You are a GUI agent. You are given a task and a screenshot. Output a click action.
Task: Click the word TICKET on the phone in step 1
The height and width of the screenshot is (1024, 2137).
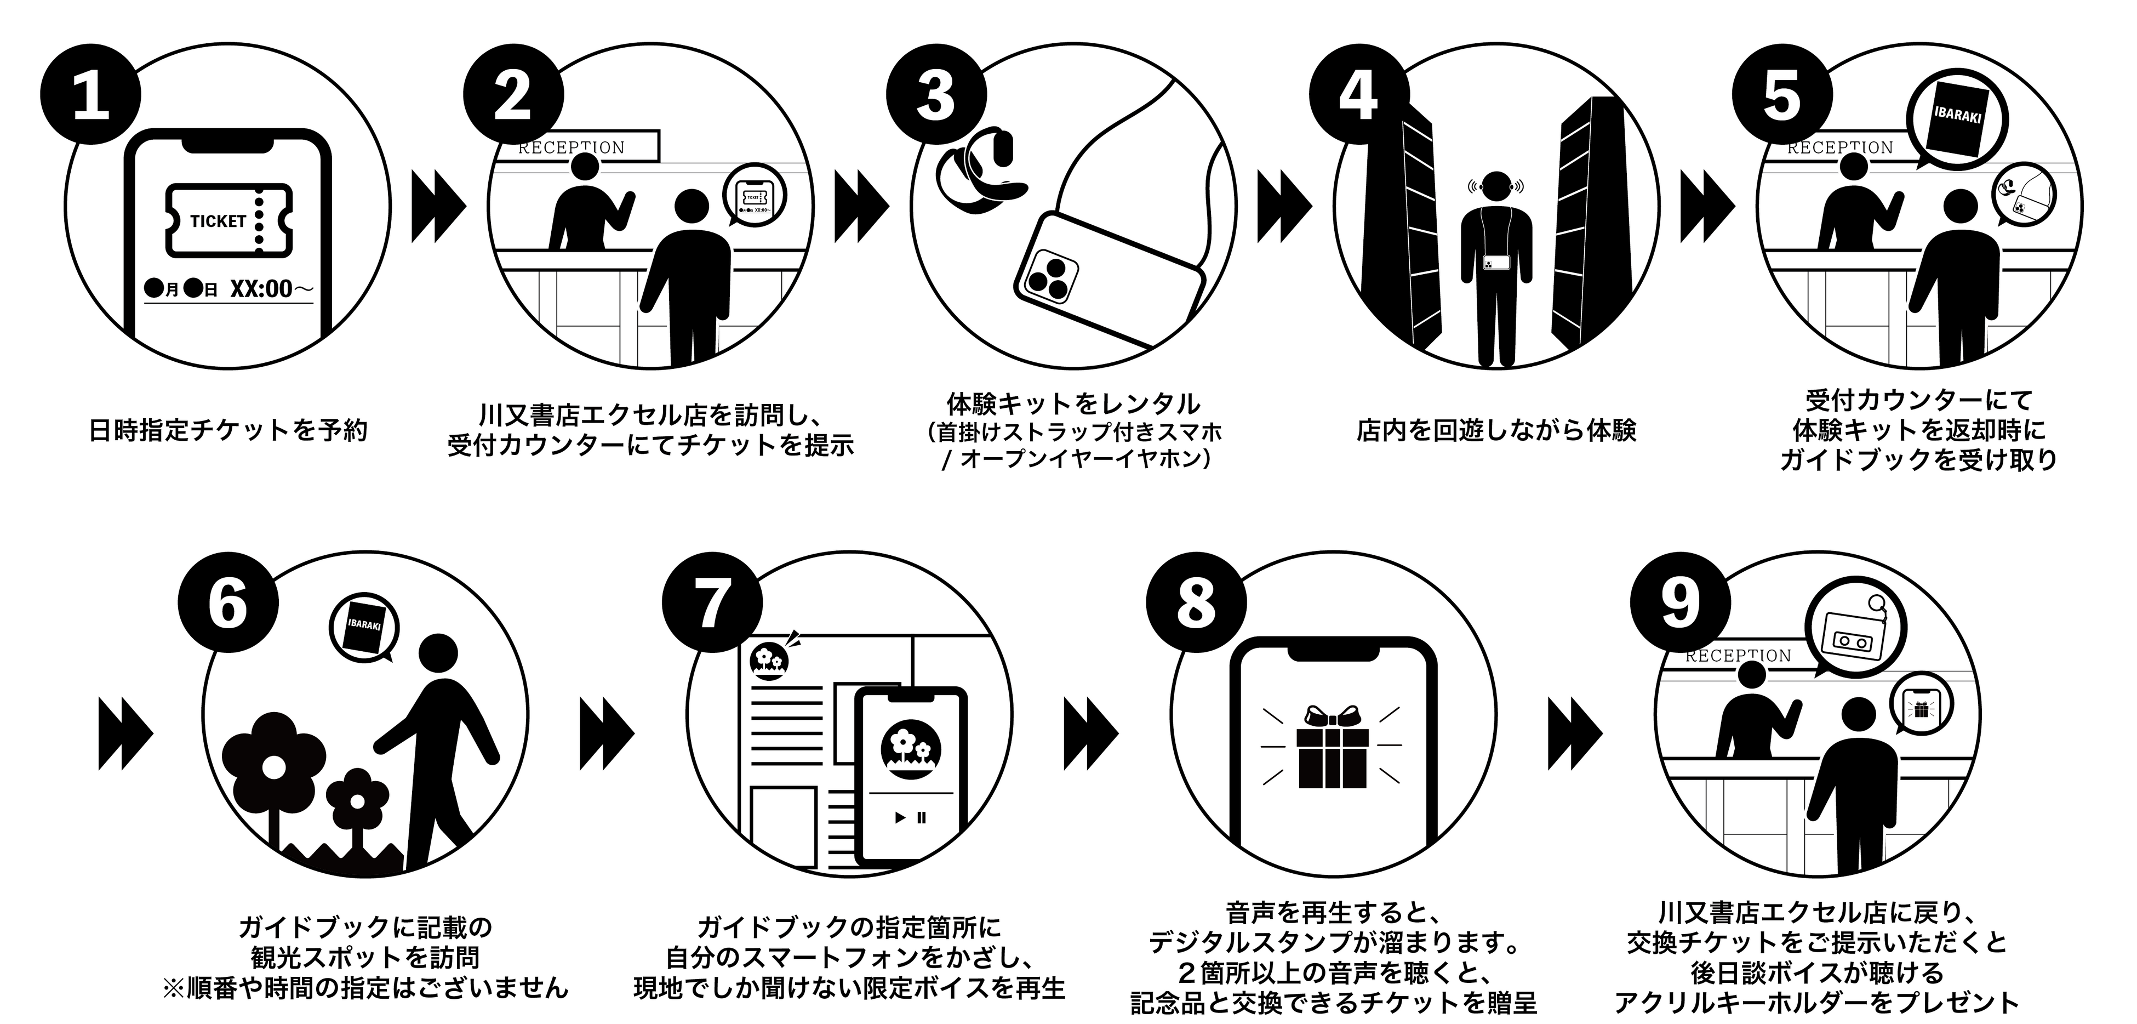(218, 221)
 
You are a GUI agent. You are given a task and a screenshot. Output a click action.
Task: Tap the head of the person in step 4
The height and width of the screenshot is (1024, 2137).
(1496, 187)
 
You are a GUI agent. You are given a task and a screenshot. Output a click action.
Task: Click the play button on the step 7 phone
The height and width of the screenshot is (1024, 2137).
(900, 817)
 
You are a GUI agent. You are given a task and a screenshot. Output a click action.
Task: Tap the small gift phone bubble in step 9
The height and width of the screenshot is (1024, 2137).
(1921, 708)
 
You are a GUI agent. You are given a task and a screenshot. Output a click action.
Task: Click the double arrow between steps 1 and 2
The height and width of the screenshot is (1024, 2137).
(439, 207)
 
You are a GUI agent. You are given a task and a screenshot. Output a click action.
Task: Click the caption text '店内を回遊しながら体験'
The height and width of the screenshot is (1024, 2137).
(1496, 431)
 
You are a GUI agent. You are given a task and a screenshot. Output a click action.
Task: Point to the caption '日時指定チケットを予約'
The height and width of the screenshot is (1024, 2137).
(228, 431)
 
